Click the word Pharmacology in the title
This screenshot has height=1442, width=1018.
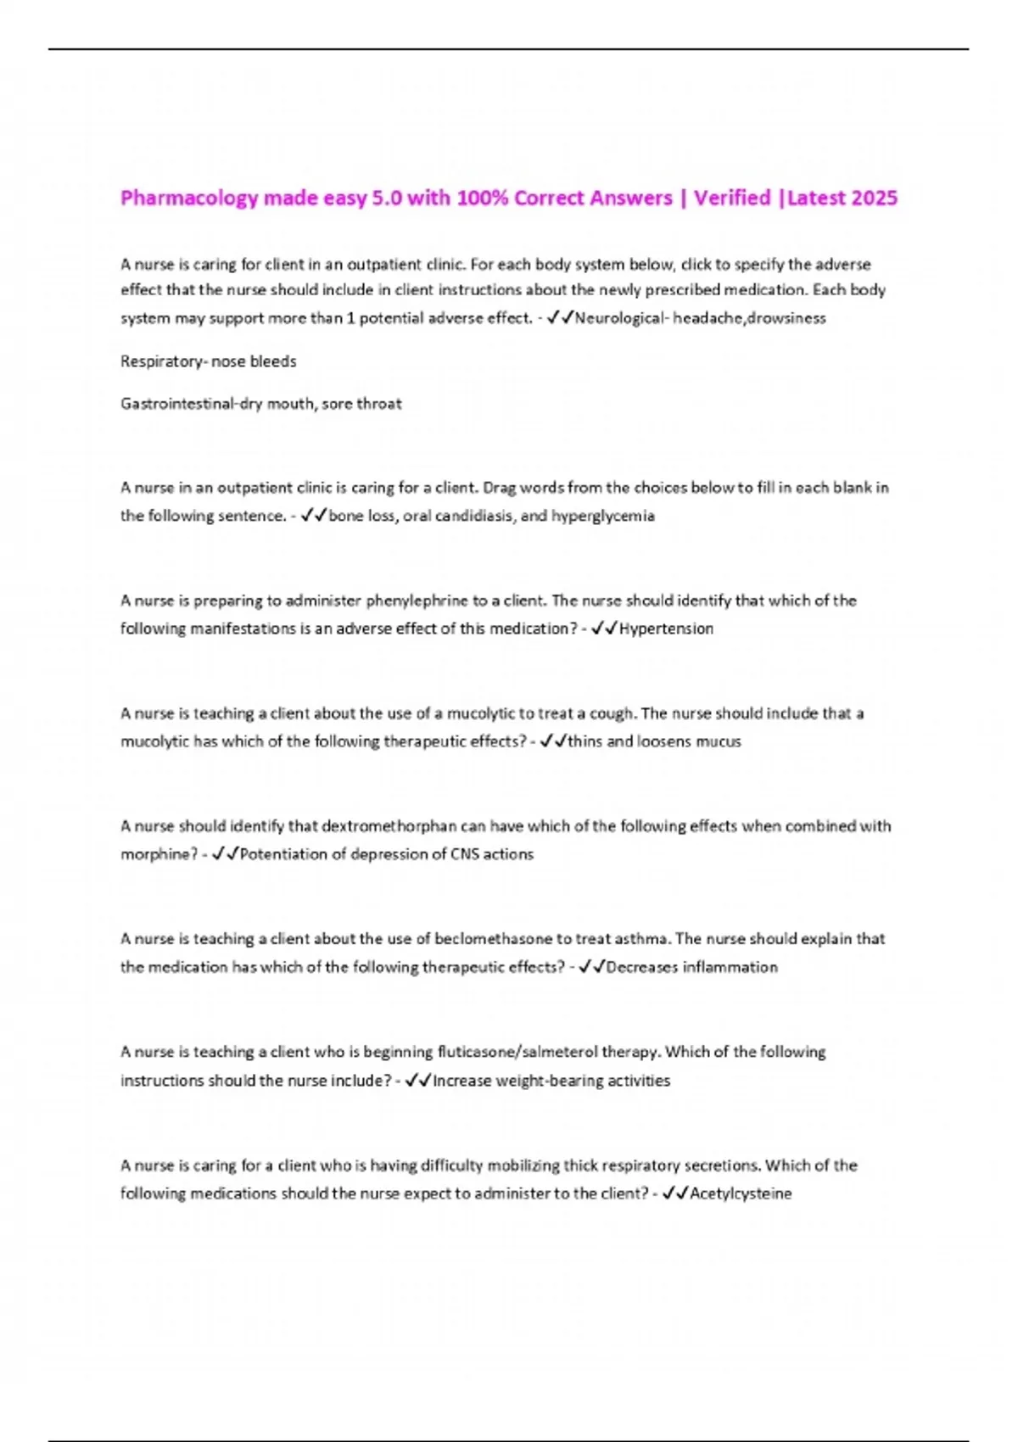189,198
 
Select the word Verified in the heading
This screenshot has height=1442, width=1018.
732,198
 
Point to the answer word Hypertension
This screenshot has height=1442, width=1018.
666,629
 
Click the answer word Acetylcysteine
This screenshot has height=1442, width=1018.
741,1193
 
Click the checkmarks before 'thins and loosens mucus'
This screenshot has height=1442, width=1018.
552,741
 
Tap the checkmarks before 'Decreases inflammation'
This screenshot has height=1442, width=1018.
590,967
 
